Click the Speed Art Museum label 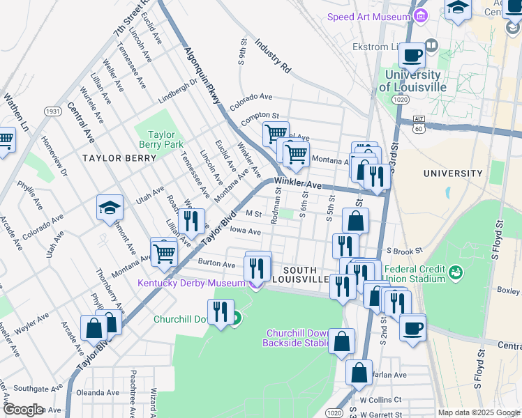coord(367,17)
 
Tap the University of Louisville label coord(412,81)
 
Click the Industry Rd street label coord(272,56)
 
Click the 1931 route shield coord(53,111)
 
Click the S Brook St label coord(404,251)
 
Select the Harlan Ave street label coord(391,375)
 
